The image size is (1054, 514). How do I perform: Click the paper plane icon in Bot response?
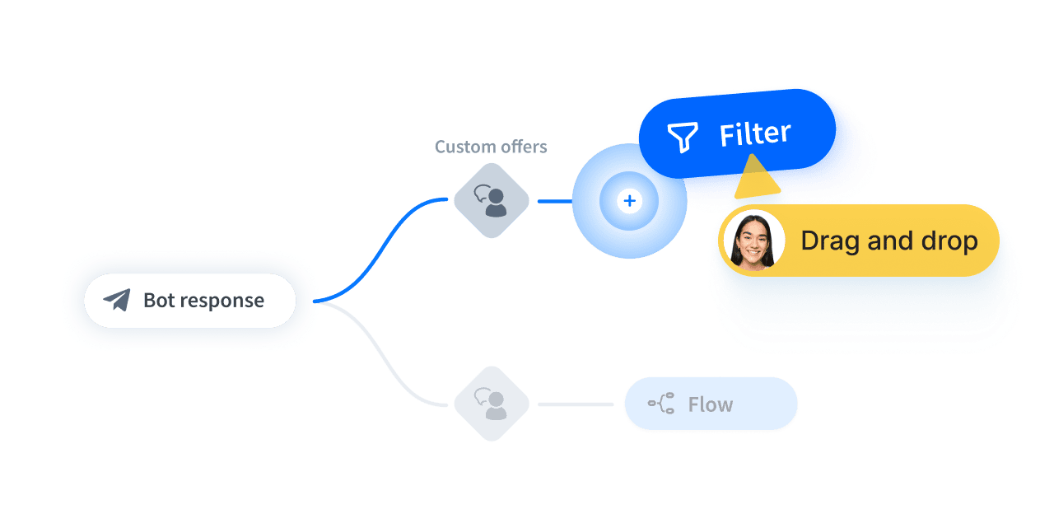[117, 300]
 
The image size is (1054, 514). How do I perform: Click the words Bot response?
[203, 301]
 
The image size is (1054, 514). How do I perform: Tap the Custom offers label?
[491, 147]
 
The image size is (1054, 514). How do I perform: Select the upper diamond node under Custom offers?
[492, 200]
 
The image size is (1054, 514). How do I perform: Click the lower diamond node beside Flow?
[492, 404]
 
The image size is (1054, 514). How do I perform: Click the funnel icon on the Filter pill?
[682, 137]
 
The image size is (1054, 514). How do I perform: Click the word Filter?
[754, 134]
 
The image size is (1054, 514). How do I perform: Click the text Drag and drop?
[888, 241]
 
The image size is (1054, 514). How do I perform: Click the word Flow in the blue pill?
[710, 404]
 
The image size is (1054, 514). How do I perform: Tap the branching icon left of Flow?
[661, 404]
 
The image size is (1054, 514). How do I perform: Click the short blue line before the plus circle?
[554, 201]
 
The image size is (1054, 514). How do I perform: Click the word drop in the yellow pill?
[948, 241]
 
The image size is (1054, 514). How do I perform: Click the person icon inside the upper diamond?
[496, 203]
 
